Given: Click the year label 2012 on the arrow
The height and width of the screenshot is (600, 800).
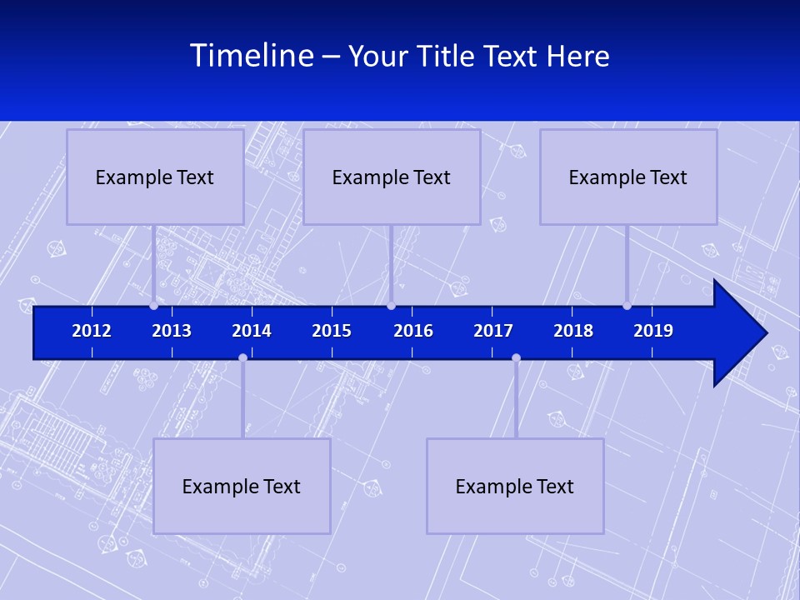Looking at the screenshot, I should tap(92, 331).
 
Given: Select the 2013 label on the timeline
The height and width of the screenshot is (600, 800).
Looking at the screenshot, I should tap(172, 331).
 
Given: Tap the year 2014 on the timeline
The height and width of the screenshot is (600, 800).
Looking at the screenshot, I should tap(252, 331).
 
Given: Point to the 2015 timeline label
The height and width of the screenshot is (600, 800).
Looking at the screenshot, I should tap(332, 331).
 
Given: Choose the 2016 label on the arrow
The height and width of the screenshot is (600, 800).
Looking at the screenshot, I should tap(413, 331).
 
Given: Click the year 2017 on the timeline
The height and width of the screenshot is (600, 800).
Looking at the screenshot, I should tap(493, 331).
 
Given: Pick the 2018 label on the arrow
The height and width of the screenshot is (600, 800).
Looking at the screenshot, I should tap(573, 331).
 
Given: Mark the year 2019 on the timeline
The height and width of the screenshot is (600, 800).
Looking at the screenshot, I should tap(653, 331).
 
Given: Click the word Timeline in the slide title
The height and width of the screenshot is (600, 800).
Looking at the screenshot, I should tap(252, 56).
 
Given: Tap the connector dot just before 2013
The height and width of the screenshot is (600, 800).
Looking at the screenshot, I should tap(153, 305).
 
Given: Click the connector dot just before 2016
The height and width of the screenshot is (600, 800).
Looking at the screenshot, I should tap(391, 305).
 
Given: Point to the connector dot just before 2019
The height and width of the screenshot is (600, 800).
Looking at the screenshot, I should tap(627, 305).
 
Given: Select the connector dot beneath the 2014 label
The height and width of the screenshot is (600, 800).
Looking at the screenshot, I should tap(242, 357).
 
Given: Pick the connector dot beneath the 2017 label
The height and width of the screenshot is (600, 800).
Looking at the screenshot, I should tap(516, 357).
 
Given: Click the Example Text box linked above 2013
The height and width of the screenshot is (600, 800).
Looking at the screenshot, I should tap(155, 177).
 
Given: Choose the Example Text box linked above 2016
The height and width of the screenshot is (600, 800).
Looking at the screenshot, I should tap(392, 177).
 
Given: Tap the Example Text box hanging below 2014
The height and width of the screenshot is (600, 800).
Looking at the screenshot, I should tap(242, 486).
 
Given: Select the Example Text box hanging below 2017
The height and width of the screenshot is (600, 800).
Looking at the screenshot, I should tap(515, 486).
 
